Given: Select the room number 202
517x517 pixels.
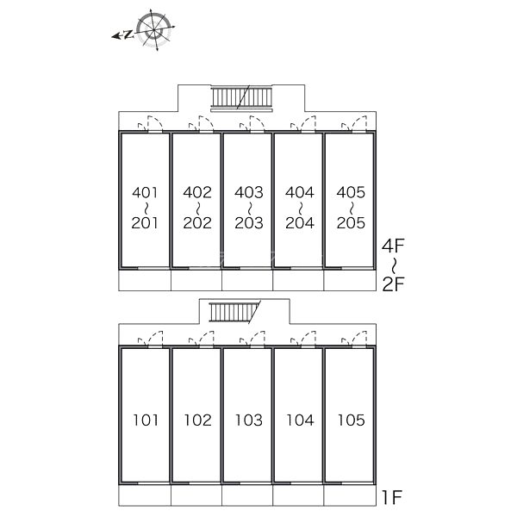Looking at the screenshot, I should tap(197, 222).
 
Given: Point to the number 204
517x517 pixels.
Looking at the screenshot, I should tap(299, 222).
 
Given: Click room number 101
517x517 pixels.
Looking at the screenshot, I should tap(146, 420).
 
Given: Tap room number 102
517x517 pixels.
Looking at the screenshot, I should tap(197, 420).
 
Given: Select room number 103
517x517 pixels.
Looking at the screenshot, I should tap(248, 420).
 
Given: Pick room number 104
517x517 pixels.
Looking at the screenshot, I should tap(299, 420).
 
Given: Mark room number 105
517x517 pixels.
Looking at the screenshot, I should tap(350, 420).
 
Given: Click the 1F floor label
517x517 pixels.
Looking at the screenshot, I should tap(392, 497).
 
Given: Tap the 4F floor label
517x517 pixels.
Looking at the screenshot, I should tap(393, 248).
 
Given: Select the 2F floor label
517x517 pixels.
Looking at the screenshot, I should tap(393, 284).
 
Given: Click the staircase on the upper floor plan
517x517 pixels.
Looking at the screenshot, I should tap(242, 97).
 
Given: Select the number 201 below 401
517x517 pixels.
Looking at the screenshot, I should tap(146, 222).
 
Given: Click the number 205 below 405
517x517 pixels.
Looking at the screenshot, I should tap(350, 222).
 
